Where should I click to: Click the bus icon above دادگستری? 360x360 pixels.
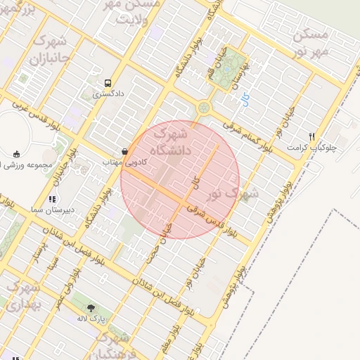[x=107, y=82]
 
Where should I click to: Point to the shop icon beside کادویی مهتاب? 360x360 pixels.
[x=124, y=151]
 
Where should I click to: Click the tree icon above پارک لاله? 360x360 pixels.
[x=91, y=308]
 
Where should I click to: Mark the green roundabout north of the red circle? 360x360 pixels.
[x=205, y=108]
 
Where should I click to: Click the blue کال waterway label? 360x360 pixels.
[x=197, y=181]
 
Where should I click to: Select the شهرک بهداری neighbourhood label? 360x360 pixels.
[x=25, y=295]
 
